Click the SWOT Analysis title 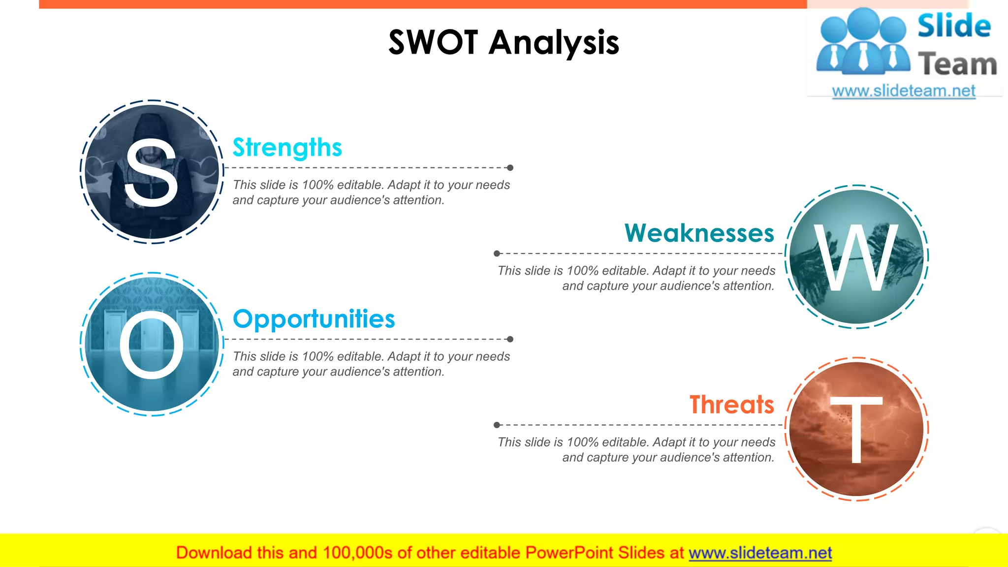(504, 42)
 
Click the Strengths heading (287, 148)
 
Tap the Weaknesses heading (699, 233)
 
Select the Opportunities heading (314, 319)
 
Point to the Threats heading (731, 405)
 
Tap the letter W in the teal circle (856, 257)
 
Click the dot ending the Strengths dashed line (510, 168)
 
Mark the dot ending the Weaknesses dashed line (497, 253)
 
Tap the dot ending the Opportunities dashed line (510, 339)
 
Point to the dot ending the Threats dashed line (497, 425)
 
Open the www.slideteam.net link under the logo (904, 91)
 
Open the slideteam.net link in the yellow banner (760, 553)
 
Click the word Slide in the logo (954, 26)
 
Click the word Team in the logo (957, 64)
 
